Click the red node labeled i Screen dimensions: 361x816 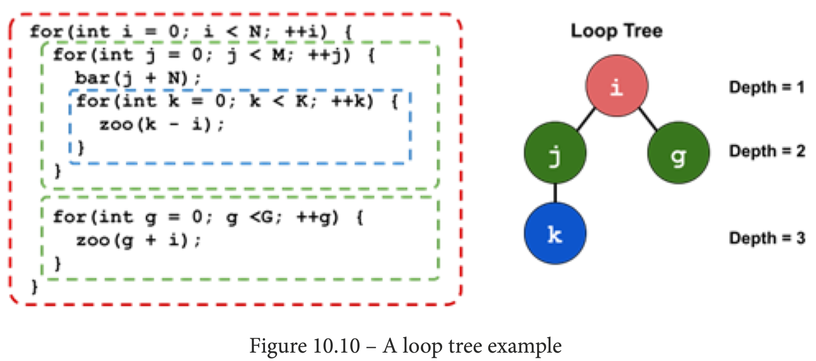click(617, 86)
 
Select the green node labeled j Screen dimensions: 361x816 click(555, 152)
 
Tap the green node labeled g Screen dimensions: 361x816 click(678, 152)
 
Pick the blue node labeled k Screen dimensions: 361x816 click(555, 233)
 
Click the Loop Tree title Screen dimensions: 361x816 click(617, 31)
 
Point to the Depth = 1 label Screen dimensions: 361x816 click(767, 87)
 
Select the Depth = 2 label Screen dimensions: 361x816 click(767, 151)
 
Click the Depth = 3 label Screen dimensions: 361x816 click(767, 238)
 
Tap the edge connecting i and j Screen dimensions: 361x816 click(586, 119)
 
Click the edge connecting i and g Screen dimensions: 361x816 click(648, 119)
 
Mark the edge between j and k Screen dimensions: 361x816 click(555, 193)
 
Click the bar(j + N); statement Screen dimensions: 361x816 click(137, 78)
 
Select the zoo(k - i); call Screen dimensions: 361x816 click(162, 124)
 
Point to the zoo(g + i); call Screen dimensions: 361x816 click(137, 240)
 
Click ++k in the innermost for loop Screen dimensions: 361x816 click(352, 101)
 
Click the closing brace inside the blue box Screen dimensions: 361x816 click(81, 148)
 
